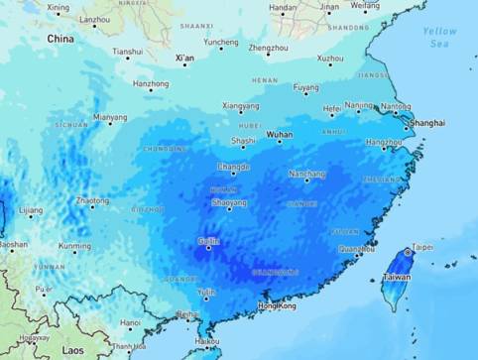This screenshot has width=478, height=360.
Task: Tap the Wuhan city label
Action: coord(280,133)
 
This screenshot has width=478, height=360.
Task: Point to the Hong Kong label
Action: coord(277,306)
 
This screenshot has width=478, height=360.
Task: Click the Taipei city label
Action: coord(422,247)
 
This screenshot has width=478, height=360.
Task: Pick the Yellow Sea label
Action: coord(440,38)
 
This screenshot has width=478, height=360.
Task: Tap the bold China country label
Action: coord(60,39)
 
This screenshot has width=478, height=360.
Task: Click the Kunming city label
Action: coord(74,246)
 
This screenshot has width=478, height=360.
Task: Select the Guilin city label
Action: coord(207,241)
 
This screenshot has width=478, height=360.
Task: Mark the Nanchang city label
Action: coord(306,174)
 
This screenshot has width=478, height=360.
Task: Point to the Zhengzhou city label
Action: coord(268,47)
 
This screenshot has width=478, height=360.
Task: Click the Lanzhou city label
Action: coord(95,19)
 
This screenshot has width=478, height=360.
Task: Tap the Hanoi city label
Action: coord(130,322)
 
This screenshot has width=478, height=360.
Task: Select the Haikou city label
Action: coord(207,340)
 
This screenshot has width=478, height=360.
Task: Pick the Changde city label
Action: coord(233,167)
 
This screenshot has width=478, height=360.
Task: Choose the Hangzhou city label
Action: coord(384,142)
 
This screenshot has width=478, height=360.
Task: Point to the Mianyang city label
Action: coord(110,117)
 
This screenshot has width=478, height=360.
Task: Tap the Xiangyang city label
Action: coord(240,105)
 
